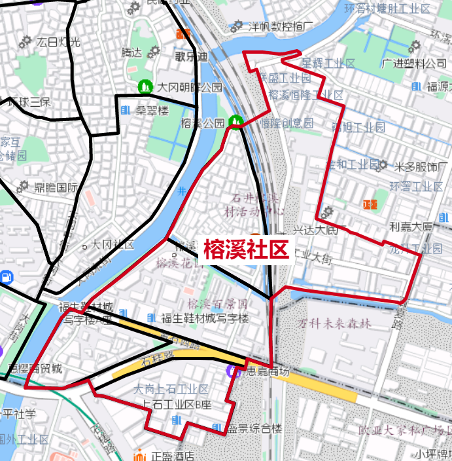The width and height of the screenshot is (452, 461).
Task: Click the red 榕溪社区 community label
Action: [x=246, y=250]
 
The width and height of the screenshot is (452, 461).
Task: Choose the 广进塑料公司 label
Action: [x=415, y=63]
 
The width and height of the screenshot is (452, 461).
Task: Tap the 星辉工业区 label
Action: [x=328, y=63]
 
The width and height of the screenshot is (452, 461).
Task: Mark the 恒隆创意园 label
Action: [x=287, y=122]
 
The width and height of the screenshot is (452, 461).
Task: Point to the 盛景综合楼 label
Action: [x=254, y=429]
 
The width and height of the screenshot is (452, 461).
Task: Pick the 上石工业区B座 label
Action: [x=173, y=404]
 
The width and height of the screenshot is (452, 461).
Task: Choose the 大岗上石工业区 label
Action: [x=171, y=389]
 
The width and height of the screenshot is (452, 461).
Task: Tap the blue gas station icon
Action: [x=6, y=276]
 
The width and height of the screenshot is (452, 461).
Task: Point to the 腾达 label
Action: [x=131, y=52]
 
